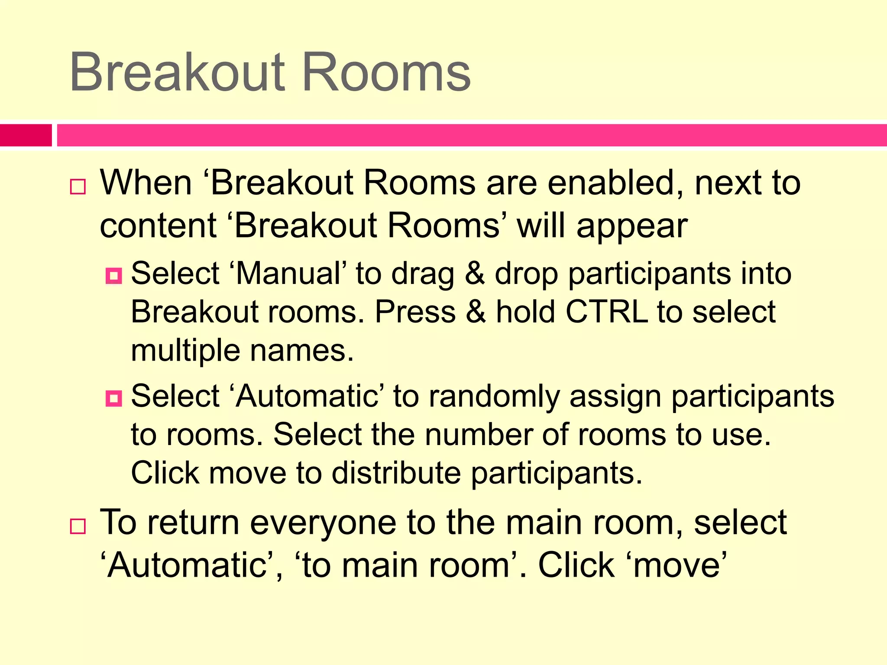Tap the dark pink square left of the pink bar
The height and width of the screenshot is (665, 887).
[26, 135]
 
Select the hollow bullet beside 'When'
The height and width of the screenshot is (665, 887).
[78, 187]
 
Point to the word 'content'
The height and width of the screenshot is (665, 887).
[158, 226]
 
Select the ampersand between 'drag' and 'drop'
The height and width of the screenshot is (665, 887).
[475, 274]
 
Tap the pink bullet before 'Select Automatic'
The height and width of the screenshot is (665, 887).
[114, 398]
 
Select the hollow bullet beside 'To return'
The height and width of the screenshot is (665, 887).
[78, 526]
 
